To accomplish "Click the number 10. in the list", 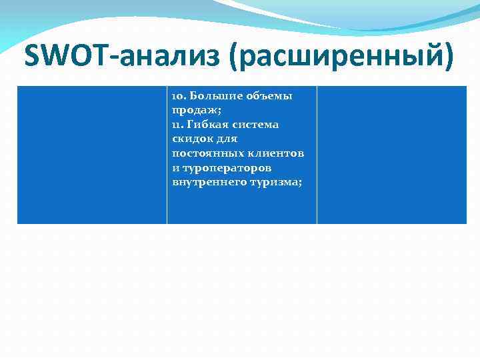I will click(x=178, y=96).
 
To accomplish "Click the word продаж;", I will click(x=193, y=110).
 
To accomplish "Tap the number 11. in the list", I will click(x=177, y=125).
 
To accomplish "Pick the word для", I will click(x=225, y=139).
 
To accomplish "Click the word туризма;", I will click(x=275, y=182).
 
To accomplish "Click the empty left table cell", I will click(x=92, y=154).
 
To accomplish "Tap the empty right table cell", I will click(x=392, y=154).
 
